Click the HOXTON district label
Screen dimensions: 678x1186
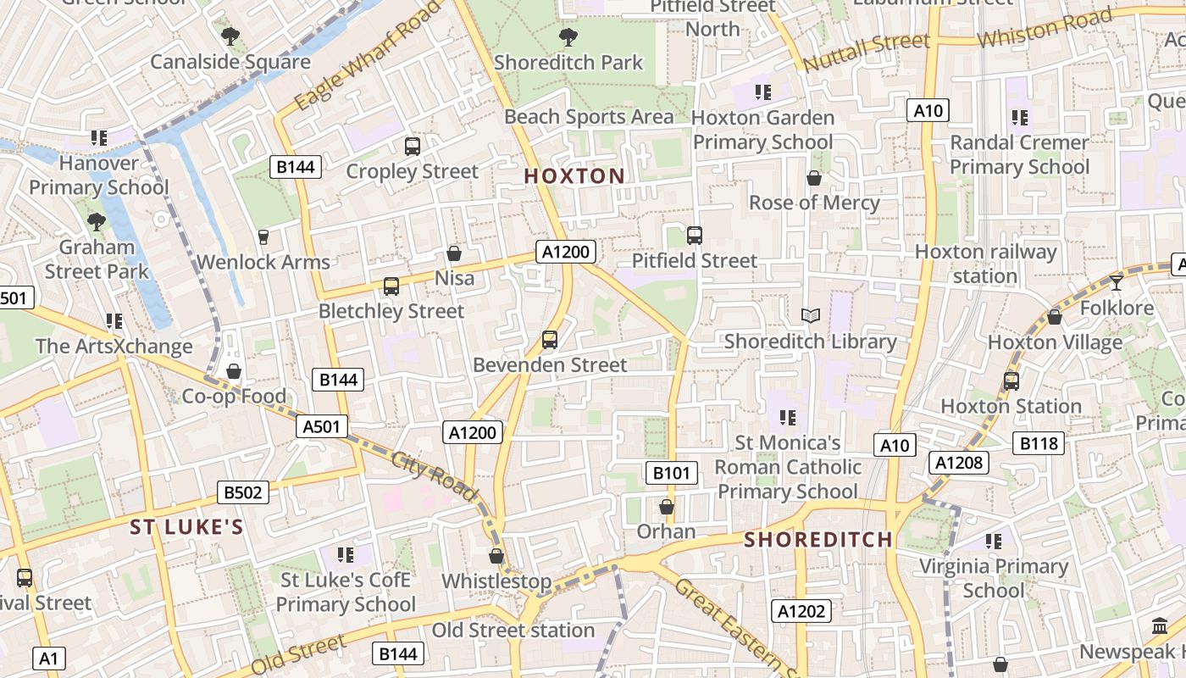tap(574, 176)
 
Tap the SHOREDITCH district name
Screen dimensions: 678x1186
tap(818, 540)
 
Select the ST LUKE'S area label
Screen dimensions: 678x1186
tap(186, 527)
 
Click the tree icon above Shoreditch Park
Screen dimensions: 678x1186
tap(568, 37)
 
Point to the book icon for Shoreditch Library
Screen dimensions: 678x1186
tap(811, 316)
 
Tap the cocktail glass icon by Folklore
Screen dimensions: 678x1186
tap(1117, 282)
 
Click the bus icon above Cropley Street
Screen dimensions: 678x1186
tap(413, 147)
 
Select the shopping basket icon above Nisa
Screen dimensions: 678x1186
tap(454, 253)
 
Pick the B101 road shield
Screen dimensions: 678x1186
tap(672, 473)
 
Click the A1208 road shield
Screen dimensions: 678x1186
tap(959, 462)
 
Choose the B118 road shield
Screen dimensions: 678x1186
tap(1039, 443)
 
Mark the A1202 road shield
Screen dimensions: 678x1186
tap(801, 611)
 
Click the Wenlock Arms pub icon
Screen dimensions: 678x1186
tap(263, 236)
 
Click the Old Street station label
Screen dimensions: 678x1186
tap(513, 631)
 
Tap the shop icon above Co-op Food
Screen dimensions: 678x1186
tap(234, 371)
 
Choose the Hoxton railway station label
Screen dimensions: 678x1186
tap(985, 264)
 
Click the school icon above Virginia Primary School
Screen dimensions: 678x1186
tap(994, 541)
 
